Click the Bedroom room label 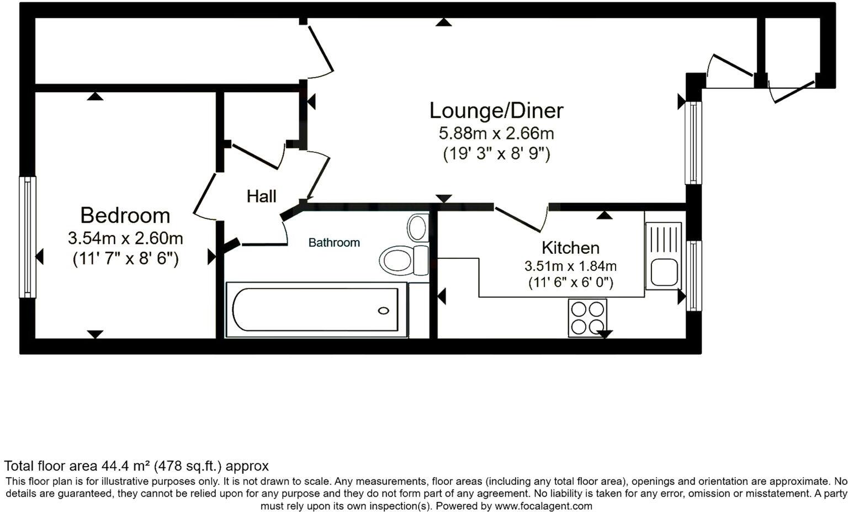pyautogui.click(x=125, y=215)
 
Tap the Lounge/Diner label pyautogui.click(x=496, y=110)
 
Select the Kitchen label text pyautogui.click(x=570, y=247)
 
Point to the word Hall pyautogui.click(x=261, y=196)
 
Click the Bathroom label pyautogui.click(x=334, y=242)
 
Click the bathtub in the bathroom pyautogui.click(x=315, y=310)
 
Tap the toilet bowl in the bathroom pyautogui.click(x=396, y=259)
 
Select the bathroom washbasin pyautogui.click(x=417, y=227)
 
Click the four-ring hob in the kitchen pyautogui.click(x=587, y=318)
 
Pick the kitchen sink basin pyautogui.click(x=663, y=273)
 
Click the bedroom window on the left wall pyautogui.click(x=27, y=237)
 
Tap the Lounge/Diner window pyautogui.click(x=693, y=142)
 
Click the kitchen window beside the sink pyautogui.click(x=693, y=275)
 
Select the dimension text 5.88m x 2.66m pyautogui.click(x=496, y=134)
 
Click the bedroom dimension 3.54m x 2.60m pyautogui.click(x=125, y=238)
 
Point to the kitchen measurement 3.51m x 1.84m pyautogui.click(x=570, y=266)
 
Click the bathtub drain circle pyautogui.click(x=383, y=311)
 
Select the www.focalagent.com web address pyautogui.click(x=543, y=506)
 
